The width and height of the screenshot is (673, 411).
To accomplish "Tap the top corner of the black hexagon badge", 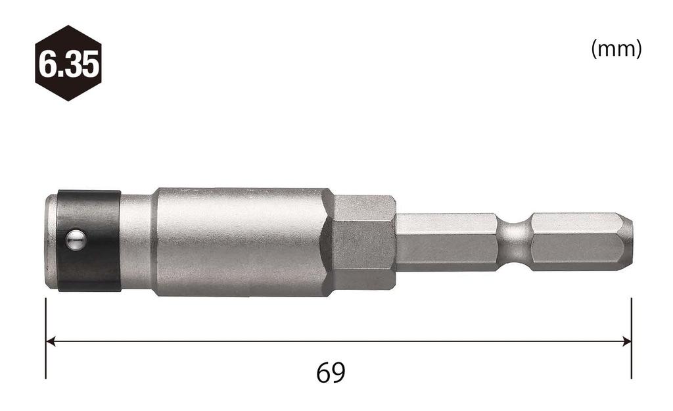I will [68, 26].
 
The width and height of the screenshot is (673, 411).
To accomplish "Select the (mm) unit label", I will [616, 49].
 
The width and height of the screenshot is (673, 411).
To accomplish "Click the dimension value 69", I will [331, 373].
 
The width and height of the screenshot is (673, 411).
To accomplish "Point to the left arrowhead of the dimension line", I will [50, 341].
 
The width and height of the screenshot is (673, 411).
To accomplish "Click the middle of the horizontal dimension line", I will [338, 341].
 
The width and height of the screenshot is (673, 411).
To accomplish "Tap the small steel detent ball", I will [76, 240].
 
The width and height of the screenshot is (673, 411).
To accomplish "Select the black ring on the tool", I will [92, 263].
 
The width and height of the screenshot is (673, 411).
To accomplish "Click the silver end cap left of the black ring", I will [51, 241].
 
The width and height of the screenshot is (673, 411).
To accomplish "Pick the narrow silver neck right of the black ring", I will [137, 241].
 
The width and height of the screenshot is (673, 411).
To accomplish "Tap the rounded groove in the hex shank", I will [514, 241].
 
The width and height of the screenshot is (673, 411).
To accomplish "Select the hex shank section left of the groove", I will [447, 241].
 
